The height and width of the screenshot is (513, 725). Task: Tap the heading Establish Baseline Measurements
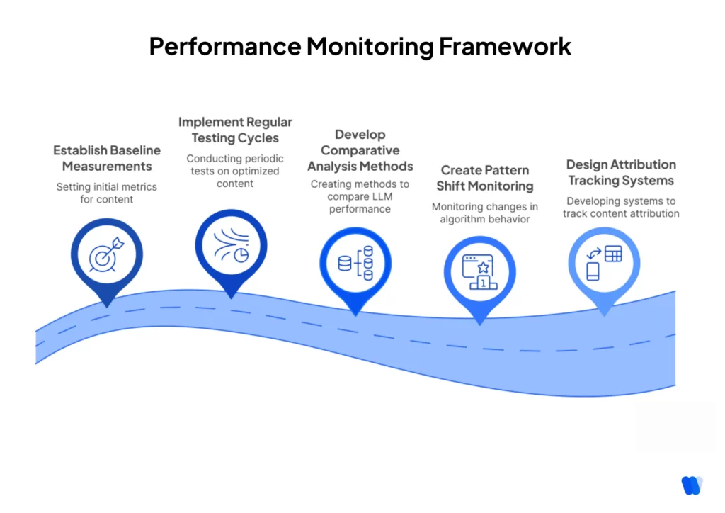107,158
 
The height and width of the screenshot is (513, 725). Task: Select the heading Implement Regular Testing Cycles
235,130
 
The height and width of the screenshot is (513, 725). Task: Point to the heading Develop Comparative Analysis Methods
360,150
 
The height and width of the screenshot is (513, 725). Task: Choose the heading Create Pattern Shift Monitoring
484,178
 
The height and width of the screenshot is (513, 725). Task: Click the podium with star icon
479,272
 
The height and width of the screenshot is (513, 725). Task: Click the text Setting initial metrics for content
107,193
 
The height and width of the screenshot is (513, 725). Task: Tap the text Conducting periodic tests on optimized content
233,171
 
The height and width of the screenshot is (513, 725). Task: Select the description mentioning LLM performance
359,196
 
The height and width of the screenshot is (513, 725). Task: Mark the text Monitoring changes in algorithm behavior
485,213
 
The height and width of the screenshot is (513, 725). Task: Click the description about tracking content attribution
621,207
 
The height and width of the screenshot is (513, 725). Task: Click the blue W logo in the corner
691,485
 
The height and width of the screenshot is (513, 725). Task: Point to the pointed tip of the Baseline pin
107,306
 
